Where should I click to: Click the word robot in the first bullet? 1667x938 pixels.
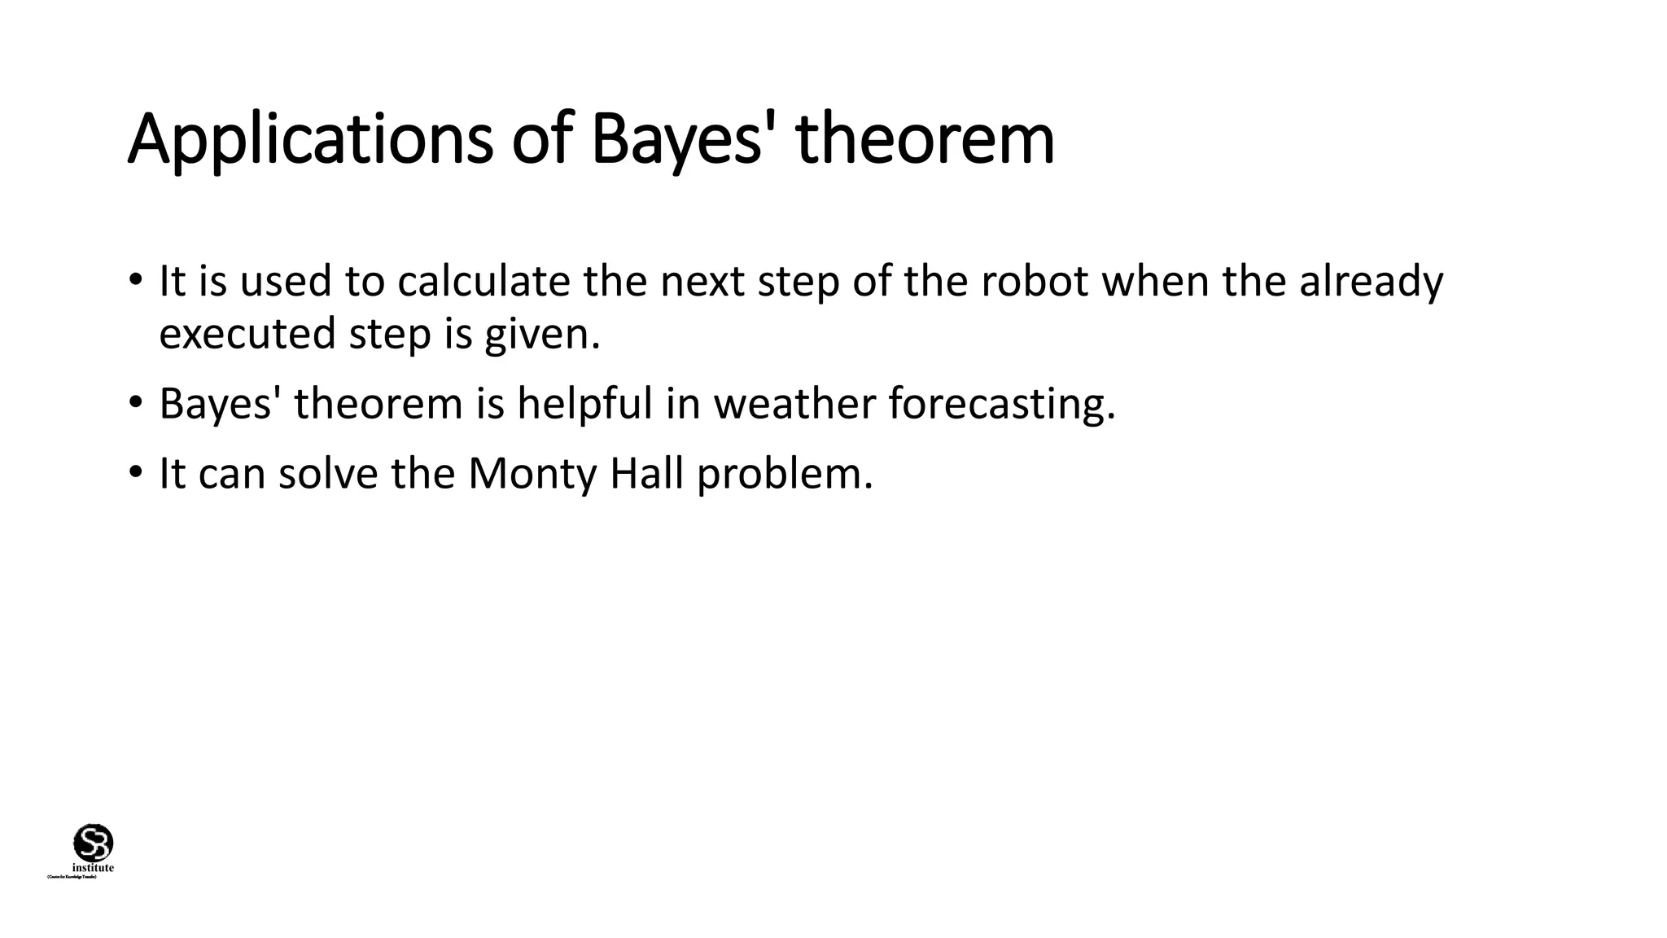[x=1035, y=282]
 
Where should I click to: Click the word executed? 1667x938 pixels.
[x=247, y=334]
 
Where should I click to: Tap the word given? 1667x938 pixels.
[x=542, y=334]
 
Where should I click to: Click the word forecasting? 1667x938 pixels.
[x=1002, y=403]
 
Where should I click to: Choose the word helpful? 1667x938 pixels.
[x=585, y=403]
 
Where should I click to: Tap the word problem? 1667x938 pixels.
[x=785, y=473]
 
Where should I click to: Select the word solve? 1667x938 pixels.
[x=328, y=473]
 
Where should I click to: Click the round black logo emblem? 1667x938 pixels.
[x=94, y=842]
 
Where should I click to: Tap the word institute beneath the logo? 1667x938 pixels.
[x=93, y=868]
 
